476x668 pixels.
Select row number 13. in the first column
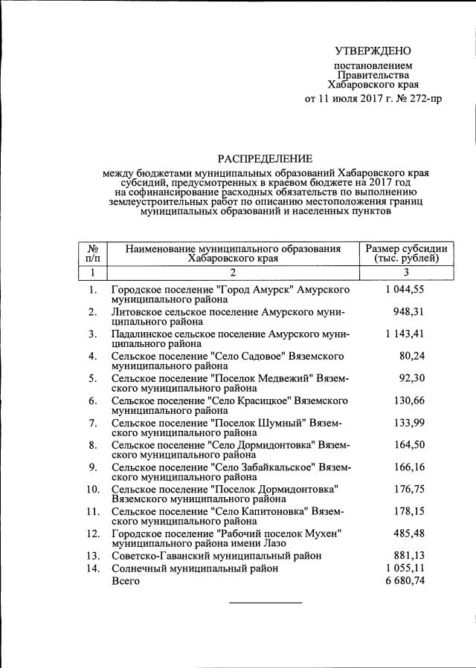tap(93, 555)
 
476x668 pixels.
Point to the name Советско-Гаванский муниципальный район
tap(216, 555)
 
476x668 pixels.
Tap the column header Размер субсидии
tap(402, 248)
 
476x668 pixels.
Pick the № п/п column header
tap(93, 253)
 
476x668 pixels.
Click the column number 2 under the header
tap(232, 273)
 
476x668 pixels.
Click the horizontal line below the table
tap(265, 602)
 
